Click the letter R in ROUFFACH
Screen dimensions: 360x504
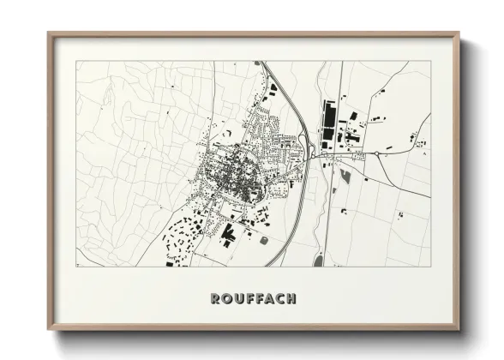214,298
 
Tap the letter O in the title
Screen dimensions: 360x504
226,298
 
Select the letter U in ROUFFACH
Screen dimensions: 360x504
239,298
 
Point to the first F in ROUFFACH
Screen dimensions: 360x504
250,298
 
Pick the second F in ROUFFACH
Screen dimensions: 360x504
261,298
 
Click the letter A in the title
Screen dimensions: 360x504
272,298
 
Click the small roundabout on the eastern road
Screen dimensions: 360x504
376,153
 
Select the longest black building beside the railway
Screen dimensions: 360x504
326,122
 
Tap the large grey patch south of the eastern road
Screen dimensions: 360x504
346,178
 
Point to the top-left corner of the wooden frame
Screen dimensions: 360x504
49,33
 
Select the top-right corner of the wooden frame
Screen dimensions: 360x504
459,33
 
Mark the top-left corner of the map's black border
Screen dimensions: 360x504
76,62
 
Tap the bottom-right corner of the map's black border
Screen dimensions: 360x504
430,266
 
